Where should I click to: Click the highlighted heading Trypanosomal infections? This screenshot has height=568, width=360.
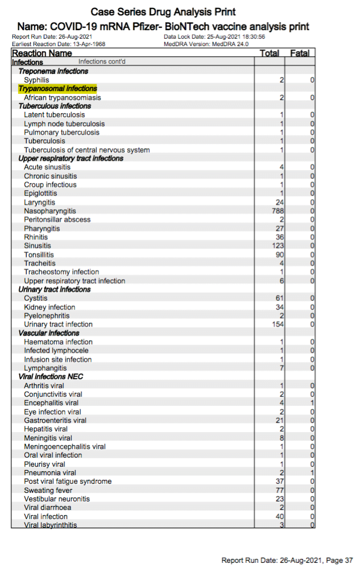click(57, 89)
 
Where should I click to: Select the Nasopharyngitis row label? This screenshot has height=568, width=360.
click(50, 211)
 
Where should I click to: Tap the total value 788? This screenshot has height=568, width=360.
click(278, 211)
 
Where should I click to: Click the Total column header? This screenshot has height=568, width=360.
click(269, 53)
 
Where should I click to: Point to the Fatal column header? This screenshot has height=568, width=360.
click(300, 53)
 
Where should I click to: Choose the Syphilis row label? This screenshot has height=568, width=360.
click(36, 80)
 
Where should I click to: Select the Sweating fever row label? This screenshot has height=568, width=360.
click(48, 490)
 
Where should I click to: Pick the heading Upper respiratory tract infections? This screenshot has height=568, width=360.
click(71, 158)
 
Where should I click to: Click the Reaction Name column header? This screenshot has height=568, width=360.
click(42, 53)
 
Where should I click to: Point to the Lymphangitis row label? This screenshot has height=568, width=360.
click(45, 368)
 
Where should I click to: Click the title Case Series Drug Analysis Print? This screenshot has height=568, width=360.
click(163, 12)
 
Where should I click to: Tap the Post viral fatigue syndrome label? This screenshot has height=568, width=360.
click(68, 482)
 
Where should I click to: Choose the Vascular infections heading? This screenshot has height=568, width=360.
click(49, 333)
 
